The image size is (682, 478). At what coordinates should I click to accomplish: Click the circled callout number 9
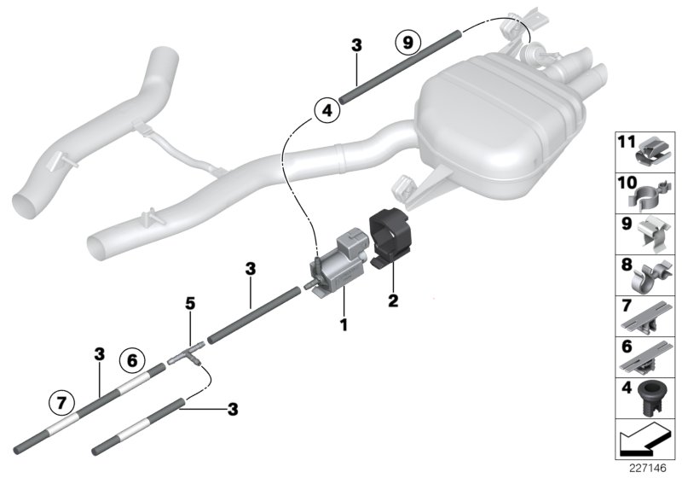[408, 41]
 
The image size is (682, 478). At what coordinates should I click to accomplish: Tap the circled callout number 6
[130, 360]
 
